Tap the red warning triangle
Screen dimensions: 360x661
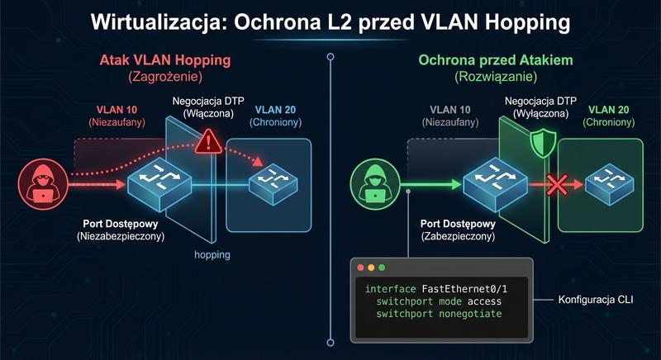[210, 142]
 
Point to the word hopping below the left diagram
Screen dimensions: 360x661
[212, 255]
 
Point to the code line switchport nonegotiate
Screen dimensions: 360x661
[439, 315]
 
